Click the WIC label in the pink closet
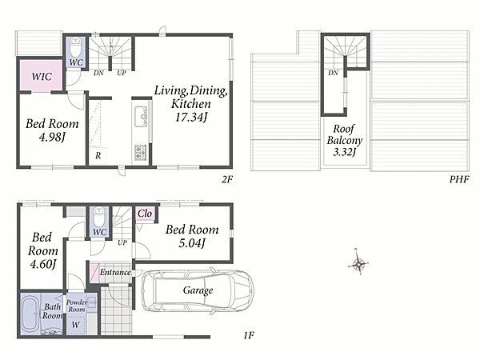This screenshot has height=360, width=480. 42,77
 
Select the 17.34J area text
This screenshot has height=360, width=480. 191,117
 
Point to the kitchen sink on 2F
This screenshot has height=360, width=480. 141,116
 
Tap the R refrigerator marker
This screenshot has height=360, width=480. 98,155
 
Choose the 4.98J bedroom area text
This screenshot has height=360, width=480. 52,138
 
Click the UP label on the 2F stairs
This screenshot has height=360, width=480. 122,73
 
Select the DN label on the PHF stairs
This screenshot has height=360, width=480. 333,73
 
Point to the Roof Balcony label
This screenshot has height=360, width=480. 344,134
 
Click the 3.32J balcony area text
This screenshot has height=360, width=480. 344,152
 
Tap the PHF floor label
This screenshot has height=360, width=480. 459,179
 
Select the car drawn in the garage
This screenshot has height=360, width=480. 198,291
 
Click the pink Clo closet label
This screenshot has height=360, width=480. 145,214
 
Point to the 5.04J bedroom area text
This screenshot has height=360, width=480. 191,244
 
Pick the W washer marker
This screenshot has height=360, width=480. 76,325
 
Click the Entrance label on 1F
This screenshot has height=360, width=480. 115,272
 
